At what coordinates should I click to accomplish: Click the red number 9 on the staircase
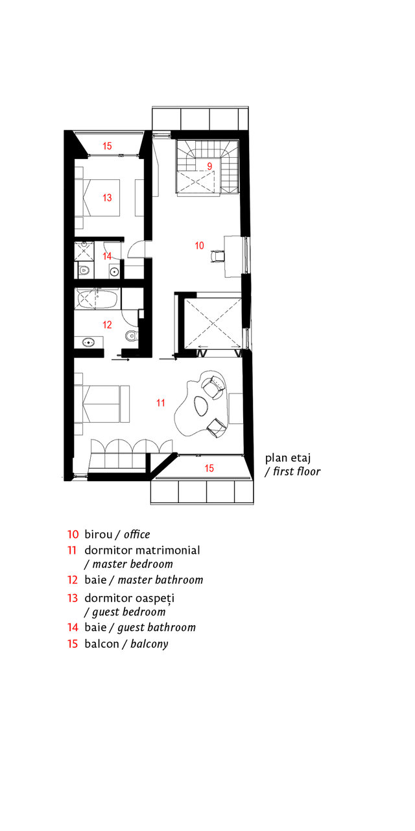tap(209, 166)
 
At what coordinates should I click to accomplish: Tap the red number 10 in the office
tap(199, 245)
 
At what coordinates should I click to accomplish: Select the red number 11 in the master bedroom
tap(160, 403)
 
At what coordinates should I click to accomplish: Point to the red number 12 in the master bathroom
tap(107, 325)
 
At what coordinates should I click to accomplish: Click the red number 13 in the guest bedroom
tap(107, 198)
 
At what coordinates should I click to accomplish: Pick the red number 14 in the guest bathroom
tap(107, 256)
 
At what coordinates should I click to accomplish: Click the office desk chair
tap(217, 256)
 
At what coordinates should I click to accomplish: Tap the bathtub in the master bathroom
tap(97, 300)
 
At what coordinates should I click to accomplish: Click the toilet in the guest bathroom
tap(84, 271)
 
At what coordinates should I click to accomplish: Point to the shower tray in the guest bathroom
tap(84, 251)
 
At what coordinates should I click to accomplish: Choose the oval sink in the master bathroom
tap(88, 342)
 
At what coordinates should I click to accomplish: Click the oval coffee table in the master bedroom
tap(200, 405)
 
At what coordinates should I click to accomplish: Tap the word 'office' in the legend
tap(137, 534)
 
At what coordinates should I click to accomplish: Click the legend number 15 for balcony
tap(73, 643)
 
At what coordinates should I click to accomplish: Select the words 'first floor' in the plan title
tap(297, 471)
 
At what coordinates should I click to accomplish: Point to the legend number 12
tap(73, 580)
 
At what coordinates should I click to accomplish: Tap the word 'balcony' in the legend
tap(149, 644)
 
